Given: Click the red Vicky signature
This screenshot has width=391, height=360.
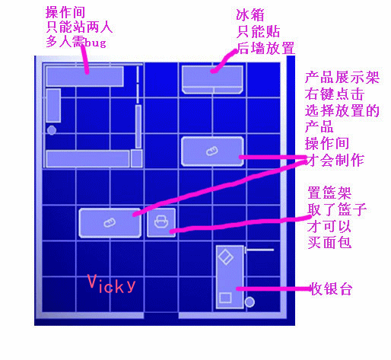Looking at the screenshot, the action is click(x=111, y=284).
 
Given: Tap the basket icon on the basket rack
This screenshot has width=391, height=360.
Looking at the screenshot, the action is click(x=161, y=221).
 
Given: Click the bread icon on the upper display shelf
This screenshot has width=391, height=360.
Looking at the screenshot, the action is click(x=212, y=151).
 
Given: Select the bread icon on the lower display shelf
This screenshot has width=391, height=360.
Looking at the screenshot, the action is click(x=110, y=223).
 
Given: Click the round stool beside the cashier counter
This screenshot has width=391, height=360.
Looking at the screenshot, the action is click(x=250, y=302).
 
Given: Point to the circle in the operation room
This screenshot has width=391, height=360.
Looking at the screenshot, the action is click(x=52, y=130).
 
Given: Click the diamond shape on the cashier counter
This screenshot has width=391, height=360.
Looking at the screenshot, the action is click(x=226, y=257).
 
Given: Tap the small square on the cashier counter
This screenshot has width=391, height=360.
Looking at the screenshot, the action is click(x=225, y=298).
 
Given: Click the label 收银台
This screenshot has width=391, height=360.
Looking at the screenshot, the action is click(x=332, y=288).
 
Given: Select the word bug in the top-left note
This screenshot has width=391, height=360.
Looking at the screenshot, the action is click(x=95, y=43).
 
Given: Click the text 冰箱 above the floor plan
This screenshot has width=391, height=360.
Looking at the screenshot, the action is click(x=250, y=15).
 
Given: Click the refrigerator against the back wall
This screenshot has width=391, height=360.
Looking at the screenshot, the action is click(x=212, y=79).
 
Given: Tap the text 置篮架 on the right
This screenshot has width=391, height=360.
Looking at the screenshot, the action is click(x=329, y=193).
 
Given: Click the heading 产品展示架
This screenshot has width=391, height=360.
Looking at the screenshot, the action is click(x=342, y=78).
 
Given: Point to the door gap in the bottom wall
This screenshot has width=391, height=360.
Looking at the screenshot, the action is click(x=161, y=316).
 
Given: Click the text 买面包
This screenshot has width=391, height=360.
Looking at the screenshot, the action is click(x=329, y=242).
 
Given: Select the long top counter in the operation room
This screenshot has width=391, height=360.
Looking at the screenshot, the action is click(x=84, y=76).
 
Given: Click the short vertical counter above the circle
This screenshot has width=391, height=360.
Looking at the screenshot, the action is click(x=53, y=106).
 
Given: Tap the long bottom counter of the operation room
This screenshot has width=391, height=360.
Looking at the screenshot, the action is click(x=87, y=159).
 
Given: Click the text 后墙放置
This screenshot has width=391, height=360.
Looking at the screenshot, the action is click(x=265, y=48).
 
